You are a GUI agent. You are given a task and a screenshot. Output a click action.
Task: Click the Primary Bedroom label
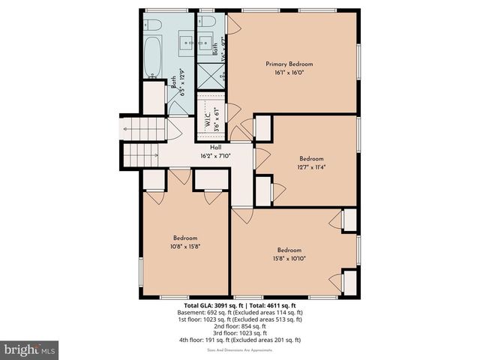pos(289,64)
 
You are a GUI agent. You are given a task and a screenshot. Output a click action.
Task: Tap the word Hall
pos(215,147)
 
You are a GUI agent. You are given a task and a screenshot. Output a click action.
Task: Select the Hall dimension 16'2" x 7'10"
pos(215,156)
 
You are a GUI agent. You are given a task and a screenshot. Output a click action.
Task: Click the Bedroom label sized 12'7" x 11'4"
pos(311,158)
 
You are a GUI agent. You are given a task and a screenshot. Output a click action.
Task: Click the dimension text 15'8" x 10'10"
pos(289,259)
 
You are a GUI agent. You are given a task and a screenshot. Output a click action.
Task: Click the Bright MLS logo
pos(30,349)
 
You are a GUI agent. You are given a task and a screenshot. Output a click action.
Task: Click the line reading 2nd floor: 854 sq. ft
pos(239,325)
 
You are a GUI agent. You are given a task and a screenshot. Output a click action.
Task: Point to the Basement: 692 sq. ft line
pos(239,312)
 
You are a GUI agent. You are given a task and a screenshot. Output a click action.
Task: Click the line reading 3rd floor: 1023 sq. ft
pos(239,332)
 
